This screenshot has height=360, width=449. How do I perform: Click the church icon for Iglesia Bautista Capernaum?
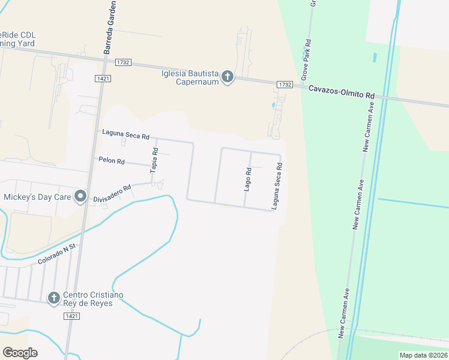227,77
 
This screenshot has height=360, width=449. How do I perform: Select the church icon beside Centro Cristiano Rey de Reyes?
53,298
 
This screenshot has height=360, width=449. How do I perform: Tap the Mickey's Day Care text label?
37,197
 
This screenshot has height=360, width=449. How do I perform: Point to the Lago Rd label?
247,179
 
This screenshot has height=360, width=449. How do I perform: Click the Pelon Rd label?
112,161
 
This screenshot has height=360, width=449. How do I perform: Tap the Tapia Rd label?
154,160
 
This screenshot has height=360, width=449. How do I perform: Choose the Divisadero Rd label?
111,194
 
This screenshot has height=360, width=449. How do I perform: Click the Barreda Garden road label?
110,28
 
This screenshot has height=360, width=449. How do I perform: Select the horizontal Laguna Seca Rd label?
125,134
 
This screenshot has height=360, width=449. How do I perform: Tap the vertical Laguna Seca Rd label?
277,187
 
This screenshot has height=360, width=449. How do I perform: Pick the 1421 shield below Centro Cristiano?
71,316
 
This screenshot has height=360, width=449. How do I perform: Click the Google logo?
20,352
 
